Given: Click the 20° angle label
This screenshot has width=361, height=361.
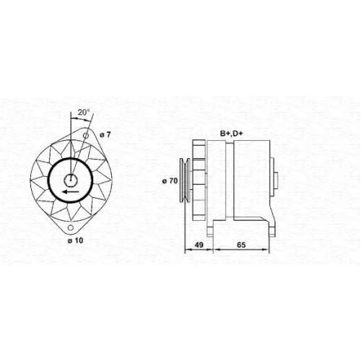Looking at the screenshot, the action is click(84, 112).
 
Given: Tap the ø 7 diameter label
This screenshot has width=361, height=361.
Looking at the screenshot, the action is click(105, 135).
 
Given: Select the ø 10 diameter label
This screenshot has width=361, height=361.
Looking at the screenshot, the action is click(75, 240).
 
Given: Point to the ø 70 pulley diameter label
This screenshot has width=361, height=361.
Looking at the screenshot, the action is click(170, 180).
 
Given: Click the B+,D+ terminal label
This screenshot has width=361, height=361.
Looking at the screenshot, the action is click(232, 134).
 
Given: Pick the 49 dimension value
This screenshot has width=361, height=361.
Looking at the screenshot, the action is click(199, 245).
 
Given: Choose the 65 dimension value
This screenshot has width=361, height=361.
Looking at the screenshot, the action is click(241, 245).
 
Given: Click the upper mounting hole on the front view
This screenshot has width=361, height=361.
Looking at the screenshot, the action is click(86, 136).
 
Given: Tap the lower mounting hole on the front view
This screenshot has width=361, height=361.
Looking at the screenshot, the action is click(71, 227).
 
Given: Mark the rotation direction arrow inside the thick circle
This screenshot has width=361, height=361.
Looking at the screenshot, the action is click(71, 191).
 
